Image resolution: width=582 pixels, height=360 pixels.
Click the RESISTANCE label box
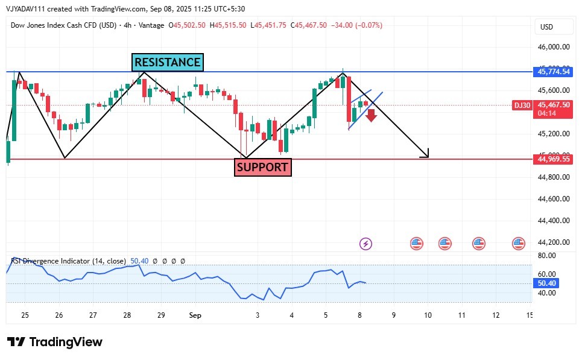click(x=167, y=62)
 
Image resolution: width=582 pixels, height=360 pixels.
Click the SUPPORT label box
click(x=262, y=167)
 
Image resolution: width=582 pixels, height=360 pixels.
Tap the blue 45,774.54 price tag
click(x=553, y=72)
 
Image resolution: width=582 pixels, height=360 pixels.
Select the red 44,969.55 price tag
click(x=553, y=159)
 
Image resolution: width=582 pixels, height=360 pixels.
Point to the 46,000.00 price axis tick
click(x=553, y=47)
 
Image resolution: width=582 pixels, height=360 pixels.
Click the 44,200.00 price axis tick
click(x=553, y=242)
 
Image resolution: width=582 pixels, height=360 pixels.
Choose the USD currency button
click(x=547, y=27)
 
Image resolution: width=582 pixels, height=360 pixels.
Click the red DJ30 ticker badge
click(x=522, y=105)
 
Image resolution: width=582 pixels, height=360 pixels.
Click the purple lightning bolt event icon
click(x=366, y=244)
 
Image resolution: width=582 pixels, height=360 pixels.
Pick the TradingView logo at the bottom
click(x=55, y=342)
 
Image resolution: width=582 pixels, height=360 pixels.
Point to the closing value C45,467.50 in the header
click(x=309, y=25)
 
